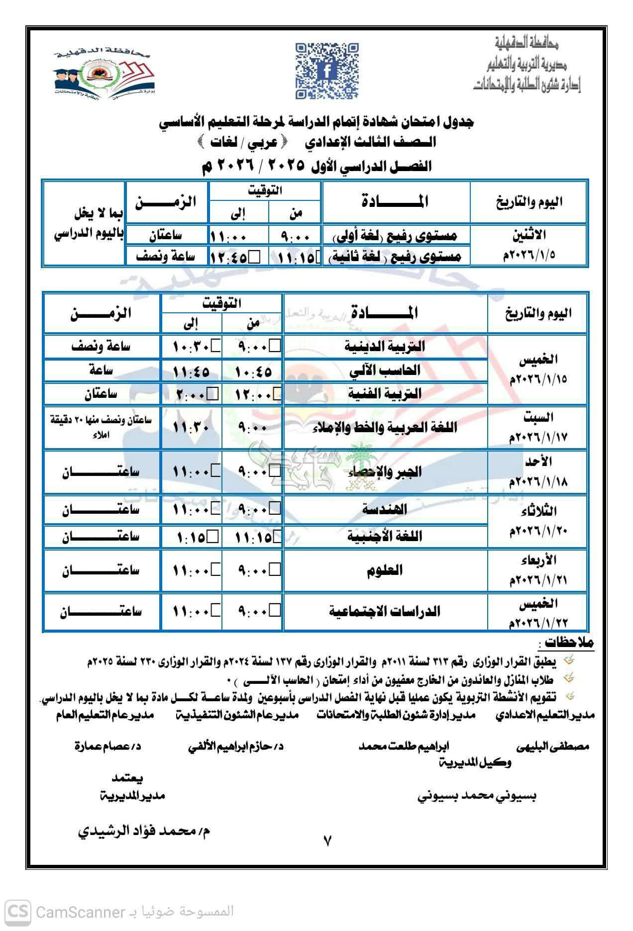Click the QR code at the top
327,70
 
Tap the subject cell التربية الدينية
385,347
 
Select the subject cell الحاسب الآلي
385,371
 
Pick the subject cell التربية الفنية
385,394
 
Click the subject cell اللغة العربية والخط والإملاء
385,428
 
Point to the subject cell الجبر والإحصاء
385,472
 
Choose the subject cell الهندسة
385,509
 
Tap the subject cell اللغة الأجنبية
385,536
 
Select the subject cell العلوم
385,570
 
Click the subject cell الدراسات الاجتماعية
385,611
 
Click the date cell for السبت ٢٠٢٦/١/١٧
538,427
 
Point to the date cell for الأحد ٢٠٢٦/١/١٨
538,472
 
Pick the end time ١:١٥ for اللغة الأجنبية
192,537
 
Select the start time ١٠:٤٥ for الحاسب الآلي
253,371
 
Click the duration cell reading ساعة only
102,371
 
